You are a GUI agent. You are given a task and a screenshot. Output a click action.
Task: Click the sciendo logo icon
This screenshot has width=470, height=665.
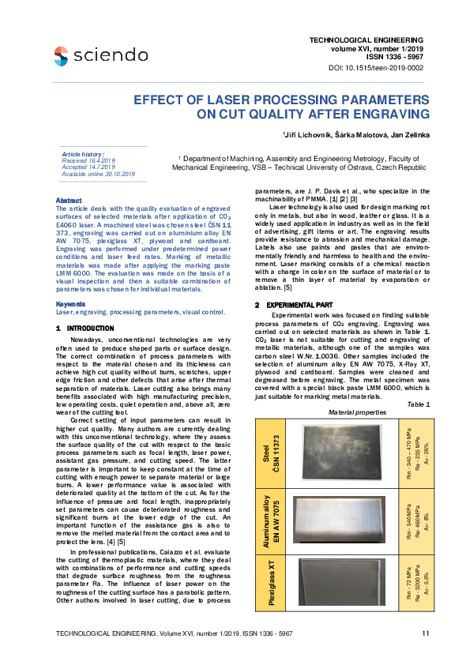pos(61,54)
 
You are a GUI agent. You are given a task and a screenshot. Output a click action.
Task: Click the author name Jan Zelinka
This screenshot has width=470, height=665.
pos(409,136)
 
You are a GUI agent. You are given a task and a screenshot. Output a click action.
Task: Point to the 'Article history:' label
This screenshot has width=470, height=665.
pos(83,154)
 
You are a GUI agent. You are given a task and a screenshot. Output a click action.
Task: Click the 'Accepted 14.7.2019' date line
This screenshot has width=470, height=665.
pos(88,167)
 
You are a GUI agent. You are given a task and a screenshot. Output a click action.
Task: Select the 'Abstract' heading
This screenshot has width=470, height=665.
pos(70,201)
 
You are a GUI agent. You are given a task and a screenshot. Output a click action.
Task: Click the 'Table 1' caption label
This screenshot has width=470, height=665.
pos(419,404)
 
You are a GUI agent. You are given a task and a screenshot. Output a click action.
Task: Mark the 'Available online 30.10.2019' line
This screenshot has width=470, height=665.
pos(98,174)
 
